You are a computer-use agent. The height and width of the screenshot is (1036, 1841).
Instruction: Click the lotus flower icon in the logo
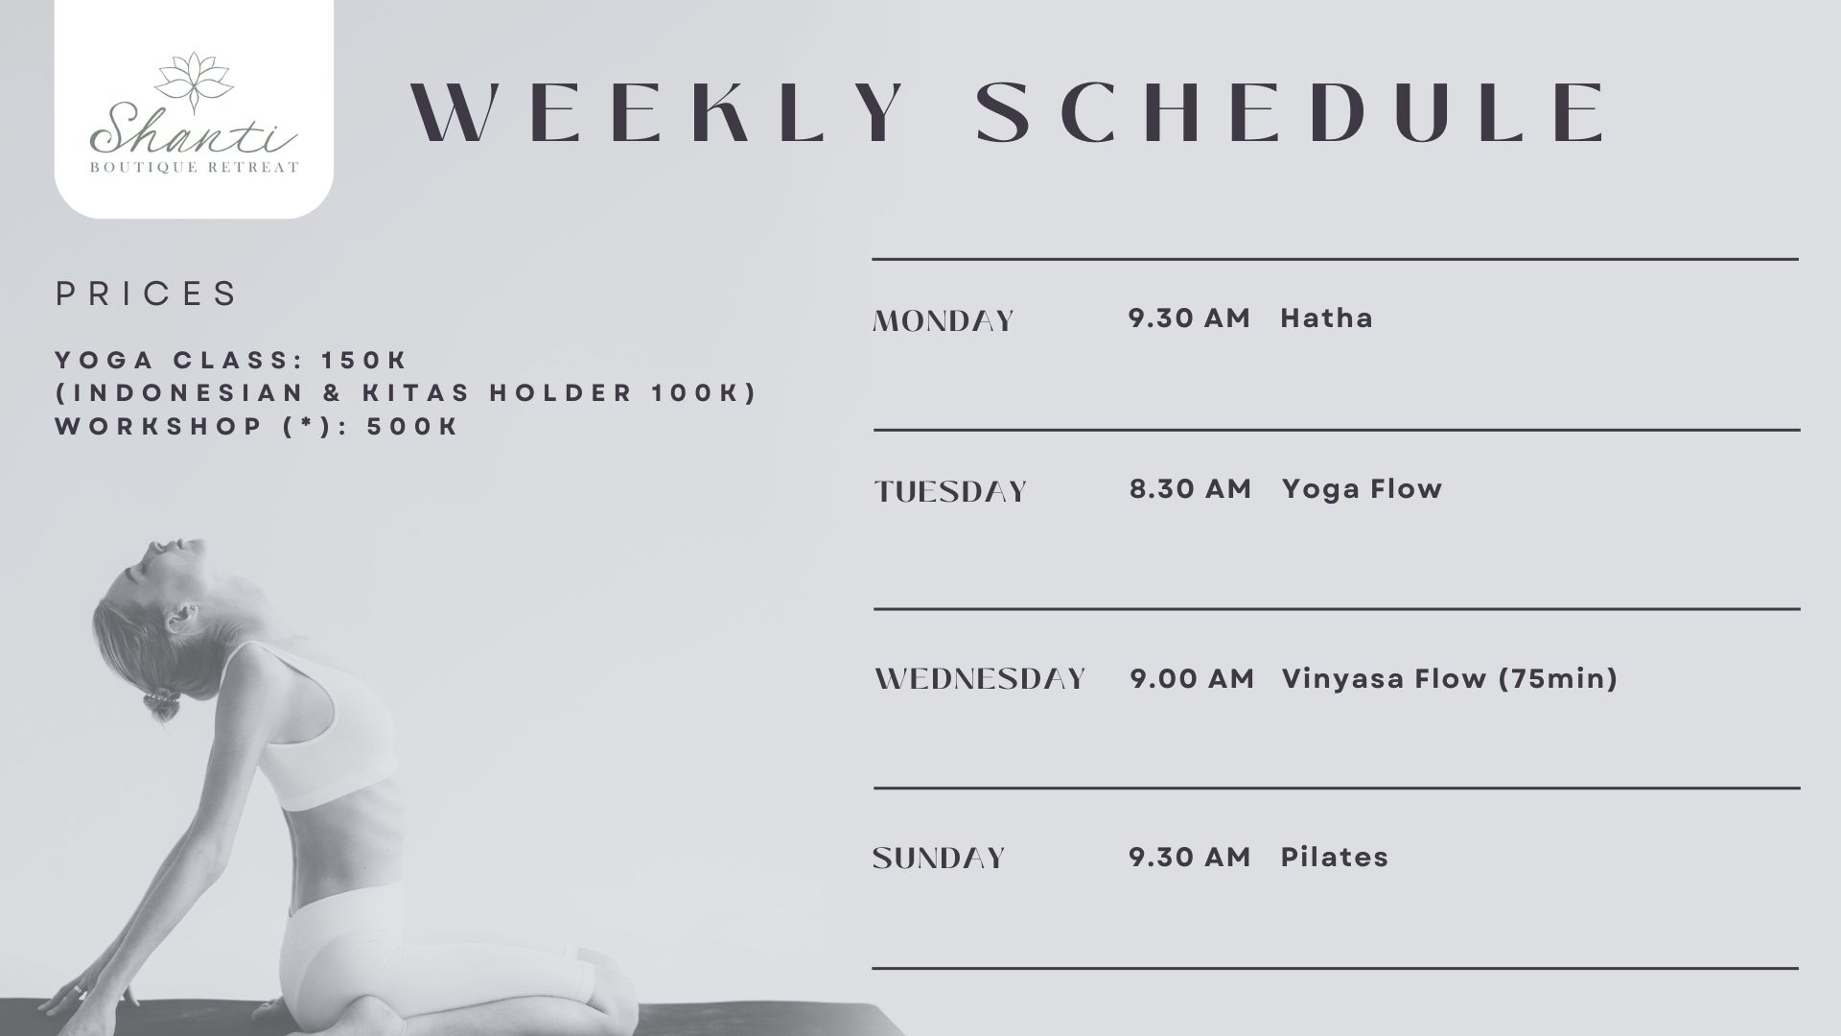tap(194, 77)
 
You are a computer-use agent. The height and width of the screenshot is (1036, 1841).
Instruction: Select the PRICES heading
tap(146, 294)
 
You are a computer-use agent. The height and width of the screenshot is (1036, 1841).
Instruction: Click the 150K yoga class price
tap(365, 361)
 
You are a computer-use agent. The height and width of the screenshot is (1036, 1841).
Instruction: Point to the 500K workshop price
tap(413, 427)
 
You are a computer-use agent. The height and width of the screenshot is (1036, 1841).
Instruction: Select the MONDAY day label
tap(944, 320)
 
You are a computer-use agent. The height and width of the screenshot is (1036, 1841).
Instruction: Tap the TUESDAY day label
tap(950, 491)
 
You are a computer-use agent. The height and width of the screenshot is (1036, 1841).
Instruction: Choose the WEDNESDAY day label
tap(980, 679)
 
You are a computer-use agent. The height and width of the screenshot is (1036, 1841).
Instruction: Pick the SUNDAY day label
tap(939, 858)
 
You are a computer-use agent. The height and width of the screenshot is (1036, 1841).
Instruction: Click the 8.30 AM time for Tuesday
tap(1190, 489)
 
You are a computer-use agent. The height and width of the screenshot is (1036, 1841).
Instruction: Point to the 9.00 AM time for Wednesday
tap(1192, 679)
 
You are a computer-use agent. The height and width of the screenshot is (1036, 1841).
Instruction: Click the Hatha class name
tap(1326, 318)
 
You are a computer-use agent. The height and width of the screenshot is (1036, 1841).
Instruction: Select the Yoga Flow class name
tap(1362, 489)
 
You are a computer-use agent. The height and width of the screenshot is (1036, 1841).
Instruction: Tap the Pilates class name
tap(1335, 858)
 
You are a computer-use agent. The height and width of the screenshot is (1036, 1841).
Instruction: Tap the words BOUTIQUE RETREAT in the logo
tap(194, 168)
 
